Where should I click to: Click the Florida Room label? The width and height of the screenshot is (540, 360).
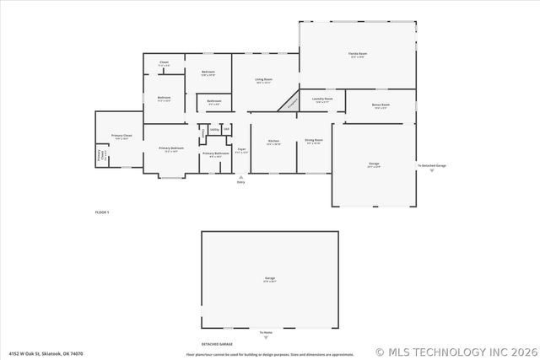tap(357, 55)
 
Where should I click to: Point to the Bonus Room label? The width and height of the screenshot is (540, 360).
tap(379, 106)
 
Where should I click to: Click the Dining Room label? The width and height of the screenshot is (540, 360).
tap(314, 142)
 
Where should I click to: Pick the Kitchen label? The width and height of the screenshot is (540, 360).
tap(273, 142)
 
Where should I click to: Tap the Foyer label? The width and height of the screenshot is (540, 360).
tap(241, 150)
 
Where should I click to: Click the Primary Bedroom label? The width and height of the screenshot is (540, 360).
tap(171, 149)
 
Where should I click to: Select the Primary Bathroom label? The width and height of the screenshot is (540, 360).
tap(215, 154)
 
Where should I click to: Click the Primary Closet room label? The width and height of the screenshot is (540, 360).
tap(121, 137)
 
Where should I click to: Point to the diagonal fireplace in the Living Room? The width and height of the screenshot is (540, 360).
tap(290, 102)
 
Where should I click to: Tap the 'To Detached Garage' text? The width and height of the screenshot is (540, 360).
tap(432, 165)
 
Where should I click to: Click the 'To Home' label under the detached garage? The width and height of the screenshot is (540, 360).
tap(266, 332)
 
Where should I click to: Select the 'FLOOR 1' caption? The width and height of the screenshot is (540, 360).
tap(101, 212)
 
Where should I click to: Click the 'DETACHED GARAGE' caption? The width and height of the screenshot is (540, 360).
tap(217, 345)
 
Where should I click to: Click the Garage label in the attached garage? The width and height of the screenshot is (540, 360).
tap(374, 164)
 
